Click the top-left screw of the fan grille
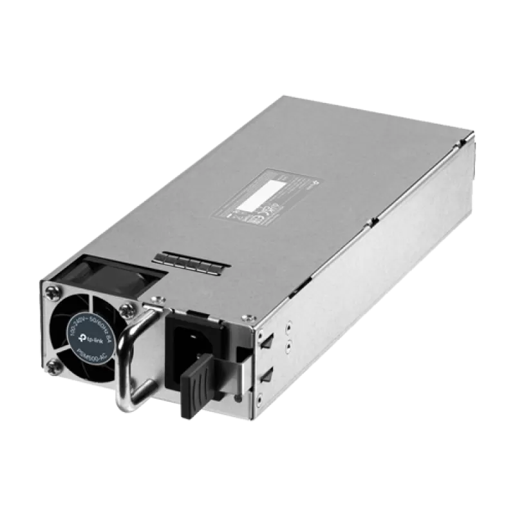50,294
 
